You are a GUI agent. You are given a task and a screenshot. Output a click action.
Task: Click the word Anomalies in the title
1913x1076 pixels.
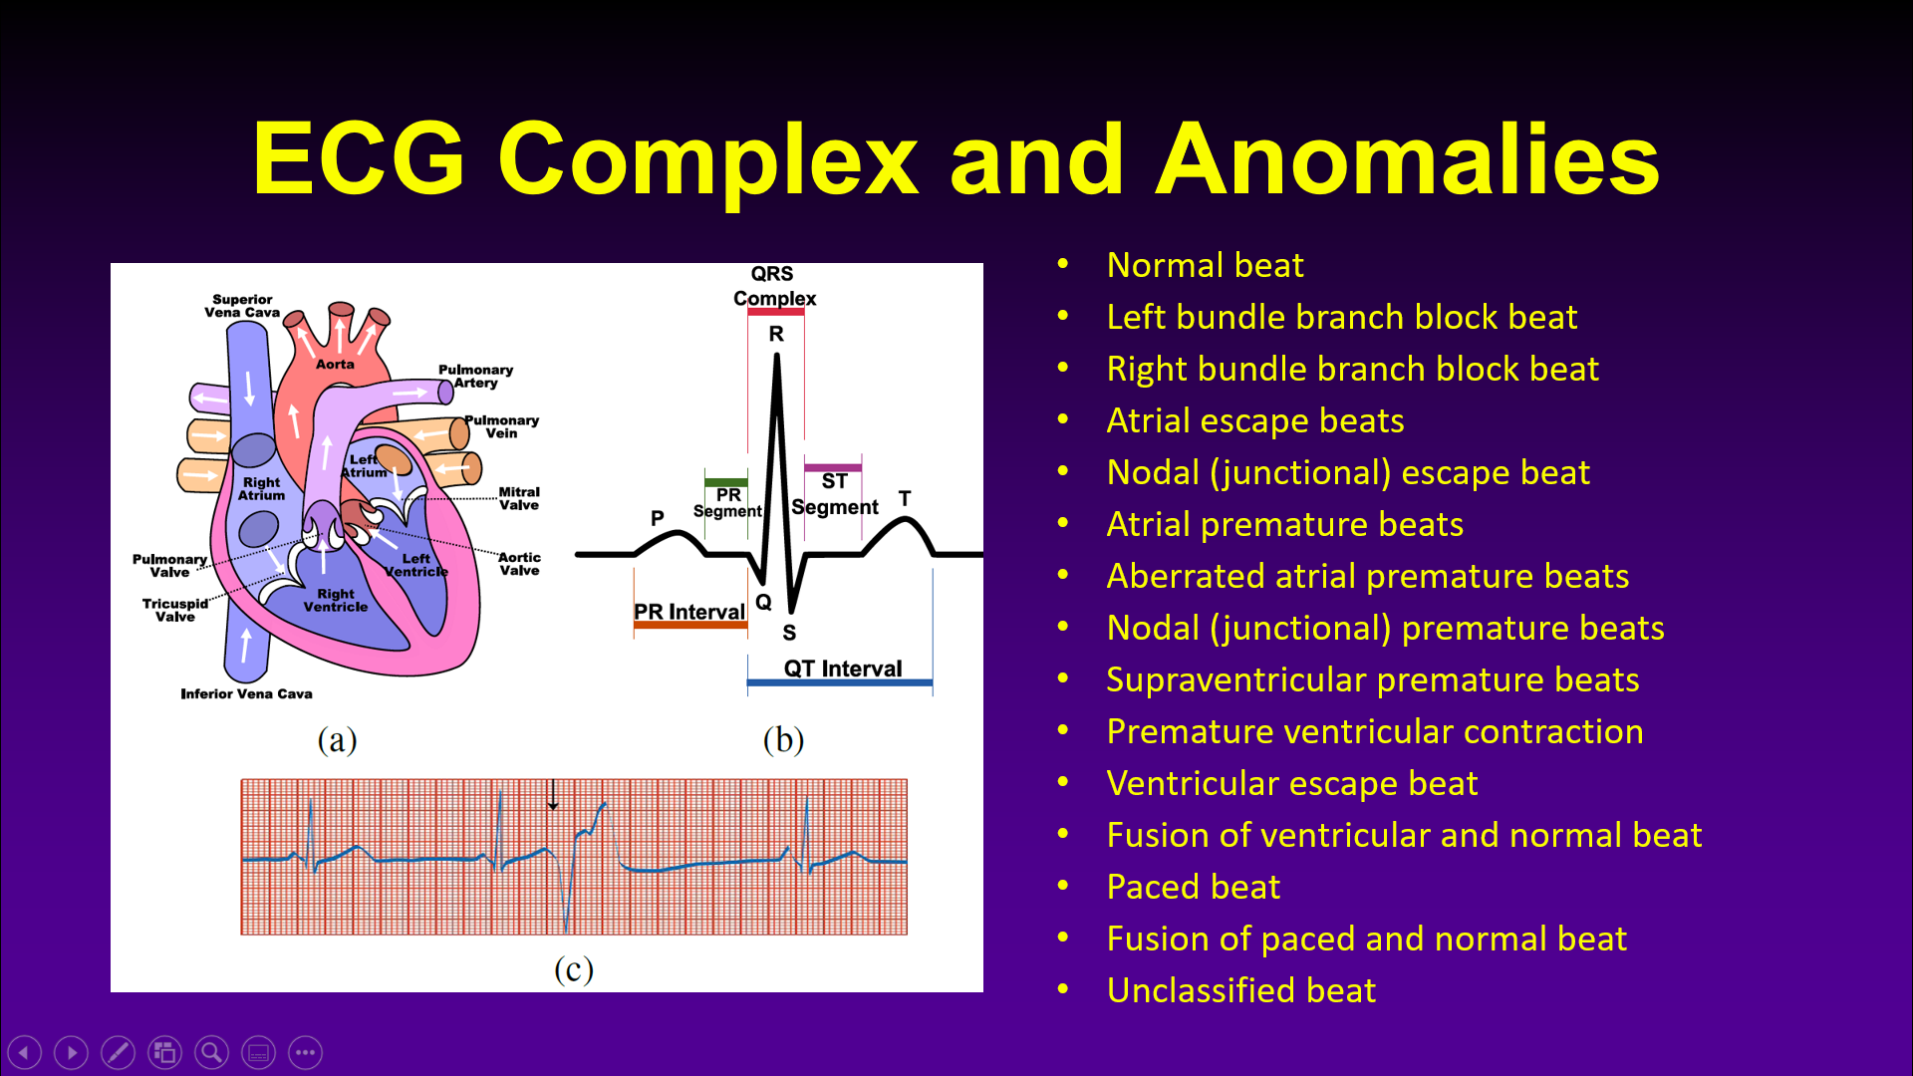(1407, 159)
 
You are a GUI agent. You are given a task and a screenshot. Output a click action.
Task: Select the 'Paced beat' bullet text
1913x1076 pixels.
(1193, 887)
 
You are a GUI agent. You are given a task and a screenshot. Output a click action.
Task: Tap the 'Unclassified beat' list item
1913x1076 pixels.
(1241, 990)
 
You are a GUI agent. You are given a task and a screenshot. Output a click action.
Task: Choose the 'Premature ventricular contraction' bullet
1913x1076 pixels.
(1375, 731)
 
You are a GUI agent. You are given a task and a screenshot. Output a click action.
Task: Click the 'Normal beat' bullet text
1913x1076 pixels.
(1205, 265)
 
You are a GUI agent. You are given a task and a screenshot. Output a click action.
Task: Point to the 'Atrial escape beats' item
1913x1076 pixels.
(1255, 420)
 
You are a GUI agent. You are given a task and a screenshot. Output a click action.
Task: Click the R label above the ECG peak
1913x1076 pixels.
(776, 334)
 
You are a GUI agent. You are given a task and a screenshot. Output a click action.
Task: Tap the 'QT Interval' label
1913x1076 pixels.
(843, 669)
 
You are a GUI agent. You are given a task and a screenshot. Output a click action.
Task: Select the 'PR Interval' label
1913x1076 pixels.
(689, 612)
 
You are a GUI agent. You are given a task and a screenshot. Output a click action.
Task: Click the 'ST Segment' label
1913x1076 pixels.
(835, 494)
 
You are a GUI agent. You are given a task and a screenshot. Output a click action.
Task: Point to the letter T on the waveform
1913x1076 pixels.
(905, 498)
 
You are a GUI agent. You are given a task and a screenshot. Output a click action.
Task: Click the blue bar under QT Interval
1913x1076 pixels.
(840, 683)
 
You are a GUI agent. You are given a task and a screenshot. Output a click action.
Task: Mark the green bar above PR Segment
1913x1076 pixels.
(725, 483)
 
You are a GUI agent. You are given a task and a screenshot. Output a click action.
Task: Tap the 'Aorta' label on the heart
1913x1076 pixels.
(335, 365)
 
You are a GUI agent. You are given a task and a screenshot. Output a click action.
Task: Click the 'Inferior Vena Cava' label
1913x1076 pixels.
(246, 693)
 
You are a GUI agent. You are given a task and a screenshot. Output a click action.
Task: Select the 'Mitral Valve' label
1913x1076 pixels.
(519, 498)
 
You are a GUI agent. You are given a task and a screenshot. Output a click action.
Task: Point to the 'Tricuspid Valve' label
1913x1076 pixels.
(175, 610)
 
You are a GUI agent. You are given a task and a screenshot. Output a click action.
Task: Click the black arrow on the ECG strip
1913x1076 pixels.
(553, 794)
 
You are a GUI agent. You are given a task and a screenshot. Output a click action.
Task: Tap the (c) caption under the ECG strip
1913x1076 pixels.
(574, 969)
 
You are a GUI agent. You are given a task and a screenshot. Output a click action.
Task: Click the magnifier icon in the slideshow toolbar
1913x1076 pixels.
(211, 1052)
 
